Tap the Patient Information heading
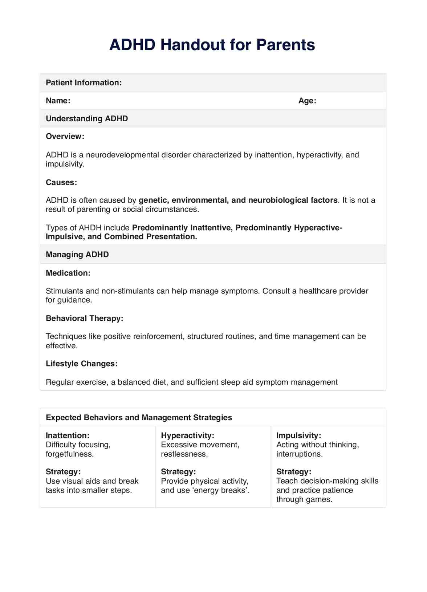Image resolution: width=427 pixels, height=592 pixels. pos(84,82)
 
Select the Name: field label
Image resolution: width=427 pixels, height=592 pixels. pos(58,101)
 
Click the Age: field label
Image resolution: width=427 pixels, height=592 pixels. pos(307,101)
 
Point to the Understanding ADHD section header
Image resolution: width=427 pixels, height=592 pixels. pos(87,118)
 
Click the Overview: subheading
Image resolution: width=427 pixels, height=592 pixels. pos(65,137)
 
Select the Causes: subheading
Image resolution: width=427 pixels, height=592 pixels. pos(61,182)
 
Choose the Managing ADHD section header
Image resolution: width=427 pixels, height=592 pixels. pos(77,254)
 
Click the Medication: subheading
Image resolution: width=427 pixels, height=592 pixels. pos(68,273)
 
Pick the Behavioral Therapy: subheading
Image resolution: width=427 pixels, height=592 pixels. pos(85,318)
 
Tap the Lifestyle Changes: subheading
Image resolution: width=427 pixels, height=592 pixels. pos(82,364)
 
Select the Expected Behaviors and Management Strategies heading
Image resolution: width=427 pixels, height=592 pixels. pos(139,417)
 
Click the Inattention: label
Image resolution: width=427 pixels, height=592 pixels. pos(68,435)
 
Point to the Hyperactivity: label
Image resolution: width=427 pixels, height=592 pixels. pos(187,435)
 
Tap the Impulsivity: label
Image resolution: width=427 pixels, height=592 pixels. pos(299,435)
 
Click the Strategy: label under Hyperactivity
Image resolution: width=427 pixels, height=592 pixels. pos(178,472)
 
